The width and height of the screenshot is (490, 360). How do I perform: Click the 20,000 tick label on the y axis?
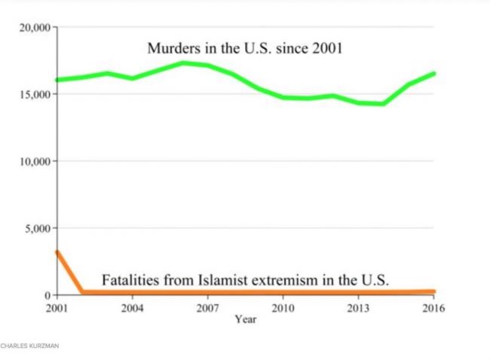pyautogui.click(x=35, y=28)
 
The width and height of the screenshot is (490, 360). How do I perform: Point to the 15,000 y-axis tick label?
pyautogui.click(x=35, y=95)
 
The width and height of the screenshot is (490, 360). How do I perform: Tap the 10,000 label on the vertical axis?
pyautogui.click(x=35, y=161)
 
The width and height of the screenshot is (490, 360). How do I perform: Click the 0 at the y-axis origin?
pyautogui.click(x=47, y=294)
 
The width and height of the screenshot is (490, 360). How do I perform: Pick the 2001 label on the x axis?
pyautogui.click(x=57, y=307)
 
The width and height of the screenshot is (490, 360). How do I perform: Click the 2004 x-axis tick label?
pyautogui.click(x=132, y=307)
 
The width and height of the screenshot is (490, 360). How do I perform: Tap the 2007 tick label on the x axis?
pyautogui.click(x=207, y=307)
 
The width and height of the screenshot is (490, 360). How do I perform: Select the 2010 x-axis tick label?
pyautogui.click(x=283, y=307)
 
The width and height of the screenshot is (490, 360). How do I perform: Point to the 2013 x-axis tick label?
pyautogui.click(x=358, y=307)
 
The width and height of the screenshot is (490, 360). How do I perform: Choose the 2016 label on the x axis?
pyautogui.click(x=433, y=307)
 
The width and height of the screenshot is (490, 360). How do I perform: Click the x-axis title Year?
pyautogui.click(x=245, y=319)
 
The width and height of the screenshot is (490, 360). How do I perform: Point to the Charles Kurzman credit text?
pyautogui.click(x=30, y=346)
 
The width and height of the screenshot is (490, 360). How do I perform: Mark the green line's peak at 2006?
pyautogui.click(x=182, y=63)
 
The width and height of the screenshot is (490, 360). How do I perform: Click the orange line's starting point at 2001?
pyautogui.click(x=57, y=252)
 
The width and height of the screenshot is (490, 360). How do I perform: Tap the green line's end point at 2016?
pyautogui.click(x=433, y=74)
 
